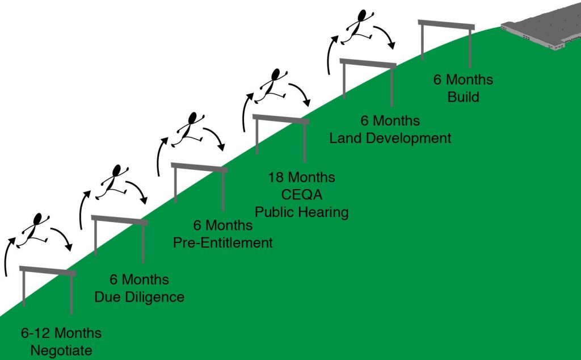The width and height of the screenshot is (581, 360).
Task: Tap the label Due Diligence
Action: (x=147, y=297)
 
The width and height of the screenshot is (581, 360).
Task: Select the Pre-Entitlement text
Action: (x=223, y=242)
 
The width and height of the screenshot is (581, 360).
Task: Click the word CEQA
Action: (x=301, y=195)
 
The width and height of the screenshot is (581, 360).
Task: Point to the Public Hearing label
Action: (x=301, y=212)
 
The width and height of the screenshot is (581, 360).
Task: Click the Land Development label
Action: (x=390, y=138)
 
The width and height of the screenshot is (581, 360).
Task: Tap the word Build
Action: (x=463, y=97)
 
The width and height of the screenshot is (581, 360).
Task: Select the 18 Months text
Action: (x=301, y=177)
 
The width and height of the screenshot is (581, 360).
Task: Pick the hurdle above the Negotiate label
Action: (x=48, y=271)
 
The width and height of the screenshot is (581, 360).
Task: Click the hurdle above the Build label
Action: (x=446, y=24)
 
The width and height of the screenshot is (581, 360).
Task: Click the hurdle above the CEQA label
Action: (x=281, y=119)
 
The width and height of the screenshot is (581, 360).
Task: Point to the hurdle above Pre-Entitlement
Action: (x=199, y=168)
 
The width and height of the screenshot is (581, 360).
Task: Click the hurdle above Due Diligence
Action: (x=119, y=220)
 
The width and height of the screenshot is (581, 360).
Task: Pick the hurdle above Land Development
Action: (x=368, y=64)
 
